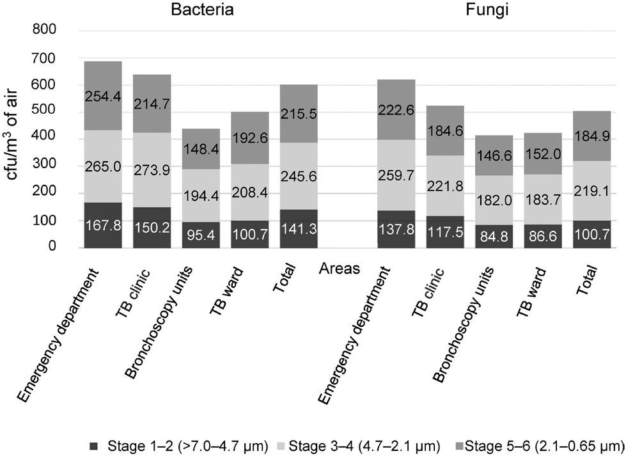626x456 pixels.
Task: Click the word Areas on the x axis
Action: point(340,269)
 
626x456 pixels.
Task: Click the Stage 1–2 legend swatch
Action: point(95,445)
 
